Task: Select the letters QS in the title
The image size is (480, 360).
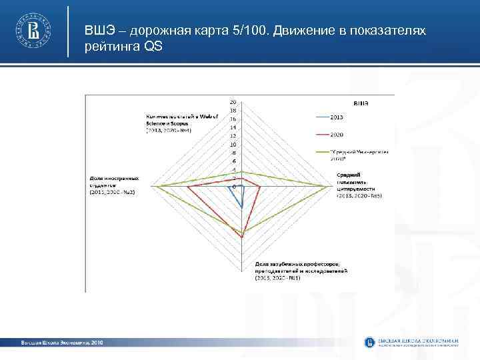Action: (x=152, y=47)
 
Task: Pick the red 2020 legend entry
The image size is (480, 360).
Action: (x=337, y=134)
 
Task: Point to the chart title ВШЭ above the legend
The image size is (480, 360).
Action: (x=361, y=103)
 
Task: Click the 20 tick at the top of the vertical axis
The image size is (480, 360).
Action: (x=233, y=102)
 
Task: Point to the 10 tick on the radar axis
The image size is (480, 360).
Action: (x=233, y=145)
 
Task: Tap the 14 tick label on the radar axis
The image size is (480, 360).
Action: (x=233, y=127)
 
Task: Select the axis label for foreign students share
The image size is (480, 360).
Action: (x=114, y=185)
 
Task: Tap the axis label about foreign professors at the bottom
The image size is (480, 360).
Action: (x=300, y=271)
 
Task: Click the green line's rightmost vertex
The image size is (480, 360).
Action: (x=329, y=187)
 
